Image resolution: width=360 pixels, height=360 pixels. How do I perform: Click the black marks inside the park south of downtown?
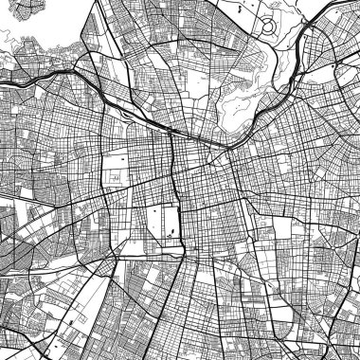(x=171, y=228)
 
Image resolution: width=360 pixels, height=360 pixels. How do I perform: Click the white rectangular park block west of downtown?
(x=115, y=166)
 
